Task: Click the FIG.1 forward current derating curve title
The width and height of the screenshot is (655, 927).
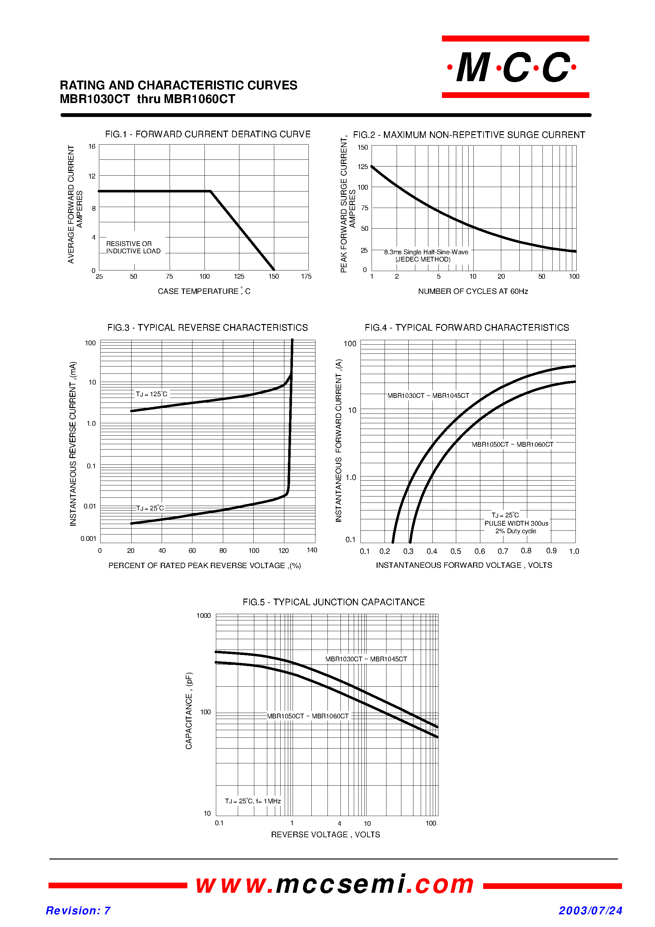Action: tap(208, 134)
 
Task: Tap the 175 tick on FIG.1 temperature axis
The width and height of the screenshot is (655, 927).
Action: tap(306, 276)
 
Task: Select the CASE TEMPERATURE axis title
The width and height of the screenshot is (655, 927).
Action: tap(204, 291)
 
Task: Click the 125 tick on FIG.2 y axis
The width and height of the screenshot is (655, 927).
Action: tap(363, 167)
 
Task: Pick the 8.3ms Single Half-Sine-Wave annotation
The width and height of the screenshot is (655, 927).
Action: tap(426, 252)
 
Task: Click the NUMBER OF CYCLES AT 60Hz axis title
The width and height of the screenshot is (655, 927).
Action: tap(473, 291)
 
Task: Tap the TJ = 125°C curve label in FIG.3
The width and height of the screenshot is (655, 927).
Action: tap(152, 394)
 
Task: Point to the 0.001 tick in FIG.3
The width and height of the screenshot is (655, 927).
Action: tap(88, 539)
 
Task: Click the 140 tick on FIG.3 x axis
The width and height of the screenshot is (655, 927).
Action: tap(312, 550)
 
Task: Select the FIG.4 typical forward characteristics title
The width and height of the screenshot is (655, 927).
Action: tap(467, 327)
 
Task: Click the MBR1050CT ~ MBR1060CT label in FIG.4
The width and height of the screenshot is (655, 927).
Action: tap(512, 444)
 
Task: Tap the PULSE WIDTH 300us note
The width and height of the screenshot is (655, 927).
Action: tap(516, 523)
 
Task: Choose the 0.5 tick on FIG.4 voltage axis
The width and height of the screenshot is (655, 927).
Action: tap(456, 551)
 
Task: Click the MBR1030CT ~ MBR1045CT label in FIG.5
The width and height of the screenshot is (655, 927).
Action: tap(366, 659)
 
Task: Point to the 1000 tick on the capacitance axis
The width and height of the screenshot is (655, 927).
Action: tap(204, 616)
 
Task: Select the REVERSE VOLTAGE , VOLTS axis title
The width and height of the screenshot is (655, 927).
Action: tap(326, 834)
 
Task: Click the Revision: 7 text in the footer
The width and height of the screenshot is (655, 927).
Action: tap(78, 911)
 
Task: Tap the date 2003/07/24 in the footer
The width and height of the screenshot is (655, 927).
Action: tap(590, 911)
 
